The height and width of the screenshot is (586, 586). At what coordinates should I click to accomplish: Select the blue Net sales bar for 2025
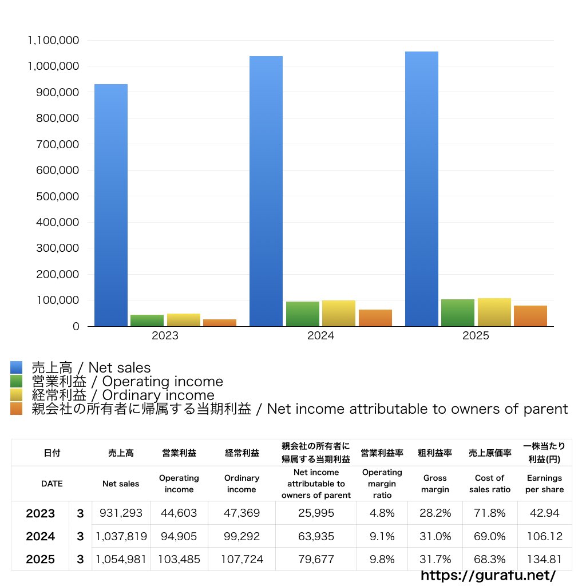tap(422, 189)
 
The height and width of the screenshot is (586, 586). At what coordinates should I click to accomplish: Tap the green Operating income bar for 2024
tap(303, 314)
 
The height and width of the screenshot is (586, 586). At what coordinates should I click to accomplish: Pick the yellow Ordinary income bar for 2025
tap(494, 312)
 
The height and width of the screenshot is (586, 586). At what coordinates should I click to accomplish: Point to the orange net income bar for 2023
tap(220, 323)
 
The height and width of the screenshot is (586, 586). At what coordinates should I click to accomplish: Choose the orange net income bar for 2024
tap(375, 318)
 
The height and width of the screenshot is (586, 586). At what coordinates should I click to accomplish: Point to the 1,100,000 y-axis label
tap(53, 41)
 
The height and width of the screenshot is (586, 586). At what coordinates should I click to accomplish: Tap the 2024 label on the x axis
tap(320, 336)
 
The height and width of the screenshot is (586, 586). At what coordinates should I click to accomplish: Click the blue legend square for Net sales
tap(17, 367)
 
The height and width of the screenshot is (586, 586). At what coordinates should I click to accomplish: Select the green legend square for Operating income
tap(17, 381)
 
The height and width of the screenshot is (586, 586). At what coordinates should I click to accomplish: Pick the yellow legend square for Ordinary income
tap(17, 395)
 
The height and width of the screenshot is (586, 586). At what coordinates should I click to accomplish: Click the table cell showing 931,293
tap(121, 513)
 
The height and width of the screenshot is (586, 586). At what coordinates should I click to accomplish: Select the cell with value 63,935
tap(316, 536)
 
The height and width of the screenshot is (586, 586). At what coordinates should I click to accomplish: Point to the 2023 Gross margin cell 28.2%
tap(435, 513)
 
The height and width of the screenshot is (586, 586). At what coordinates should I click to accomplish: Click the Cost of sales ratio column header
tap(489, 484)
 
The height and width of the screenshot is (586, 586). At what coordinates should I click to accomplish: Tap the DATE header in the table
tap(52, 484)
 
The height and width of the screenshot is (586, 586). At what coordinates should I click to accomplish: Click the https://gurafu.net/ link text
tap(488, 575)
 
